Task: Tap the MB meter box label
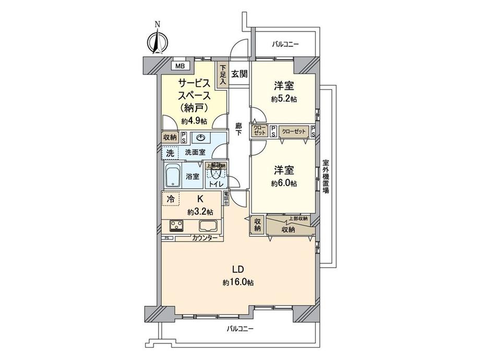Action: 179,66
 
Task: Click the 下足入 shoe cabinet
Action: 223,74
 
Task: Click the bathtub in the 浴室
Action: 174,176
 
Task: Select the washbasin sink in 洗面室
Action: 201,138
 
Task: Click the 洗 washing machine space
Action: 170,153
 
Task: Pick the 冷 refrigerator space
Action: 171,199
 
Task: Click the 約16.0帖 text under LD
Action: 237,282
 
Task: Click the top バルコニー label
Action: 285,45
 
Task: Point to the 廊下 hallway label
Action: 238,129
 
